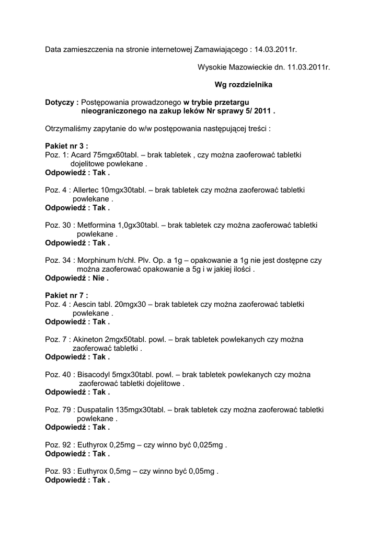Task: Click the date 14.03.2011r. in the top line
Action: tap(275, 50)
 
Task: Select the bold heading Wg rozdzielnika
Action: tap(243, 84)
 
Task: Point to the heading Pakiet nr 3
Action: tap(66, 146)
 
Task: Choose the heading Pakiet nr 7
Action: tap(66, 295)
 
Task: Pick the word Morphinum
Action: tap(98, 260)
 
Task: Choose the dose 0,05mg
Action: tap(201, 471)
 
